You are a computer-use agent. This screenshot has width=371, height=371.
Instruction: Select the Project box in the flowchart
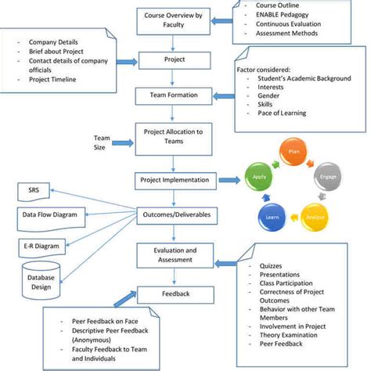pos(173,59)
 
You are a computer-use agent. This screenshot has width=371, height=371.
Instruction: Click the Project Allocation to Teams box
pos(173,136)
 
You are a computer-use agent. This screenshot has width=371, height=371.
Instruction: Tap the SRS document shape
pos(34,191)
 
